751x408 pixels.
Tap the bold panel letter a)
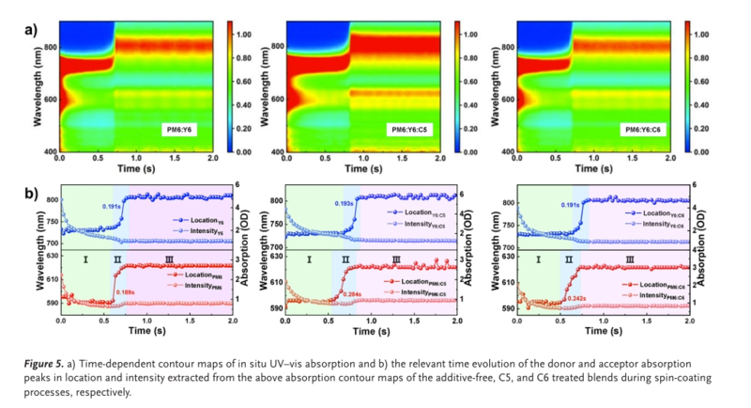click(31, 28)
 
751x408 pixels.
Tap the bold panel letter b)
click(31, 195)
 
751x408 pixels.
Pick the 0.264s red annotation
click(353, 294)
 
